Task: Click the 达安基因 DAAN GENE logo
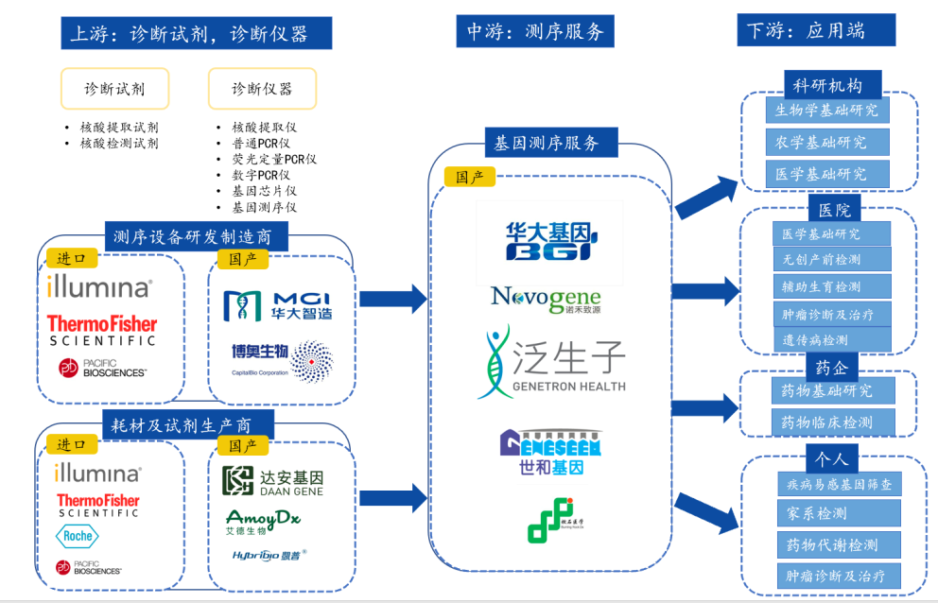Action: tap(272, 481)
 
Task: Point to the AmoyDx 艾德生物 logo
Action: tap(263, 522)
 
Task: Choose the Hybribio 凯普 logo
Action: tap(269, 555)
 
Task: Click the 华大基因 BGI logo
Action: tap(549, 242)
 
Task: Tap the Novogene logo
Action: tap(547, 299)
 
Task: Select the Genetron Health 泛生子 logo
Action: tap(552, 363)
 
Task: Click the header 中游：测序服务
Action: tap(535, 31)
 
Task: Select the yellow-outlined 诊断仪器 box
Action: tap(262, 89)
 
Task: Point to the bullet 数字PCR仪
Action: tap(260, 175)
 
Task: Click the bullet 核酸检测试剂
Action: tap(119, 144)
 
